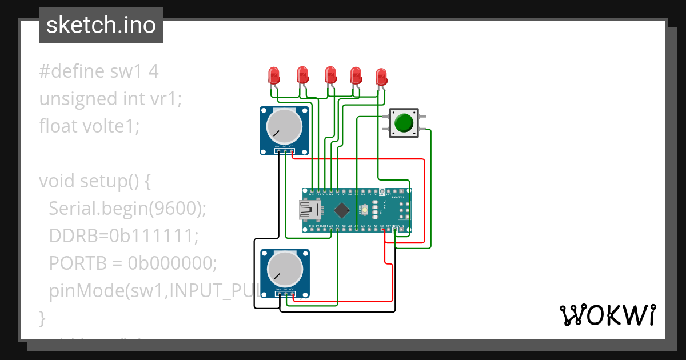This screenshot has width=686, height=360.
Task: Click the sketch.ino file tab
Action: [101, 25]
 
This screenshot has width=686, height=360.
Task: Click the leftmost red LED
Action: [274, 75]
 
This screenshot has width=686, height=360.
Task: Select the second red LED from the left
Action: [302, 74]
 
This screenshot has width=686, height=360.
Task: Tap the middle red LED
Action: [330, 74]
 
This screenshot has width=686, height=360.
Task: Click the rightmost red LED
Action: [381, 77]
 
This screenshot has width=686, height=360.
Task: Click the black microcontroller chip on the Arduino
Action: [341, 211]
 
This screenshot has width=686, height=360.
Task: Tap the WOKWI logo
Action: [607, 315]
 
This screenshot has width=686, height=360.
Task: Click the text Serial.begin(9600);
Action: [127, 209]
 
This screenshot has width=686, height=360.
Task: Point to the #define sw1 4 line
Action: [98, 71]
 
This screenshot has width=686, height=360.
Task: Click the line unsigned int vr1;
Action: [110, 98]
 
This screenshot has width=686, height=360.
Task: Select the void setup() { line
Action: [94, 181]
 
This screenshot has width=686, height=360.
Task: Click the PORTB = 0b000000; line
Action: [133, 262]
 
